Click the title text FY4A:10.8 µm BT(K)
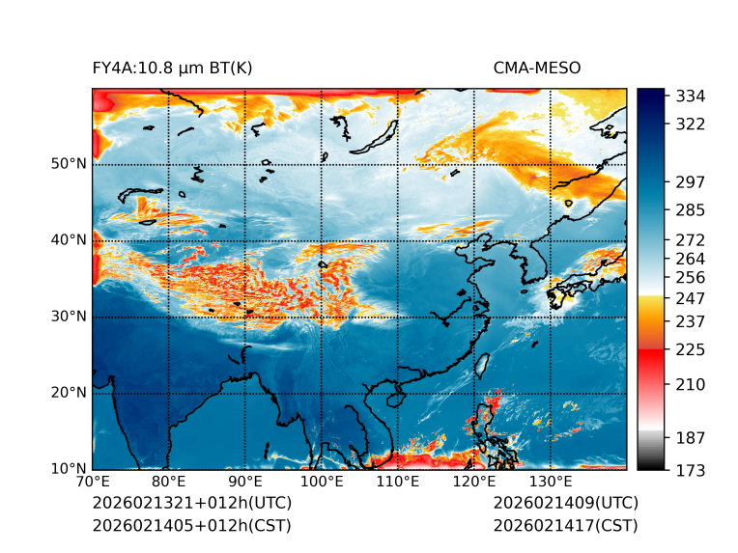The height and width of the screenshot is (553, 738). point(172,68)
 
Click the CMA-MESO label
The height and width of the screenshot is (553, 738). point(536,68)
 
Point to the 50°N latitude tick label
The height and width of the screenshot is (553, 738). point(69,164)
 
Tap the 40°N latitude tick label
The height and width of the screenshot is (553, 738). point(69,240)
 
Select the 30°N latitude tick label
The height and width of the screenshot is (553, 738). point(69,317)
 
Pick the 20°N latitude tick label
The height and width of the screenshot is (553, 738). point(69,393)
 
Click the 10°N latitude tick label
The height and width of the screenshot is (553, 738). point(69,469)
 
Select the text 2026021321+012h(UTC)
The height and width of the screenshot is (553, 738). point(191,504)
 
